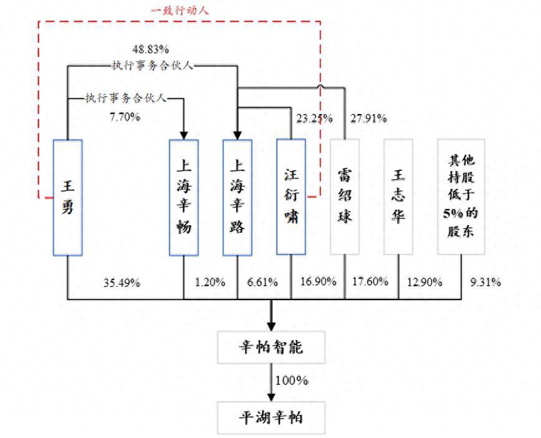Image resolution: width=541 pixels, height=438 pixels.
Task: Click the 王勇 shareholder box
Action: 67,197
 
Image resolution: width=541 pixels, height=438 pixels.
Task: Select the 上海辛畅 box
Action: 184,197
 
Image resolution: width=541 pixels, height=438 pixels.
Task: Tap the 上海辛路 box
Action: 237,197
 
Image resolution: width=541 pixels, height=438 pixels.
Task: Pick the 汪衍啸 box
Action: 291,197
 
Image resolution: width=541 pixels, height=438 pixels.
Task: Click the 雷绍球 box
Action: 345,197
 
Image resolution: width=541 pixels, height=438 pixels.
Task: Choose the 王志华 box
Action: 398,197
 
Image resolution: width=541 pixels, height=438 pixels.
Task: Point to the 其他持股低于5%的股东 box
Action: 461,197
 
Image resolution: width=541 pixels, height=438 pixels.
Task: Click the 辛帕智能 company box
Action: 271,348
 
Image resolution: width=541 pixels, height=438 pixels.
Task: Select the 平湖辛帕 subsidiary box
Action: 271,417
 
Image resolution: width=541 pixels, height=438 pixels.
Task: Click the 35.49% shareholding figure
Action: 122,282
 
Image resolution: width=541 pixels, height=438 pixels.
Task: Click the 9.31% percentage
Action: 486,282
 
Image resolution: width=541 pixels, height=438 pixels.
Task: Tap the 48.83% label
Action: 151,49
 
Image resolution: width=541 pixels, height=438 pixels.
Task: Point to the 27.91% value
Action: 368,118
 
